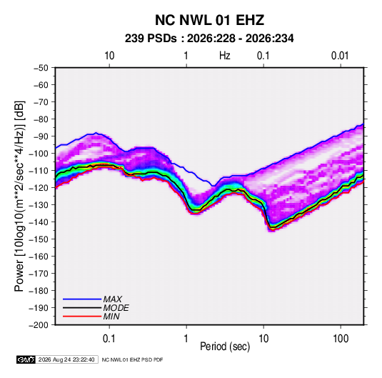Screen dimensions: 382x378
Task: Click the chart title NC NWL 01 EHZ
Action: click(x=209, y=20)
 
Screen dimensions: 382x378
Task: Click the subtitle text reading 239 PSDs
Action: click(x=151, y=39)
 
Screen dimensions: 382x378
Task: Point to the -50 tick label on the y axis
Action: click(x=41, y=68)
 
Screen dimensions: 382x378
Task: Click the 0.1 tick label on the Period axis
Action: click(x=109, y=339)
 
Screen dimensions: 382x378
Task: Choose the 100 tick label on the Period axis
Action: click(x=341, y=339)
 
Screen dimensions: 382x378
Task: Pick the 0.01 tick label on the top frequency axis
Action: click(x=340, y=56)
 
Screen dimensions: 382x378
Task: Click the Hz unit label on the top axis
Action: click(x=225, y=56)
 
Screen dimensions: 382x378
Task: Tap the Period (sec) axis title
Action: click(x=225, y=347)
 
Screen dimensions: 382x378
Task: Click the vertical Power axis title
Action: click(x=19, y=196)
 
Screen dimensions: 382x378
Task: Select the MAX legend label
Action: click(x=113, y=299)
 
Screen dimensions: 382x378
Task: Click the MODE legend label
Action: click(x=116, y=308)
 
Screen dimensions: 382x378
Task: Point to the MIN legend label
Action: click(x=111, y=317)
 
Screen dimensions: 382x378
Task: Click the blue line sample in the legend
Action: click(x=82, y=299)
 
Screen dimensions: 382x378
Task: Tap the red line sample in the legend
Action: click(x=82, y=317)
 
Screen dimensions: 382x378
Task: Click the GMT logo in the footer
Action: click(x=26, y=359)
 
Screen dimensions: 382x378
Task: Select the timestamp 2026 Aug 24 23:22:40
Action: click(x=66, y=359)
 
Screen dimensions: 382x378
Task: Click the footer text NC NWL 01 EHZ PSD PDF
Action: click(x=132, y=359)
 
